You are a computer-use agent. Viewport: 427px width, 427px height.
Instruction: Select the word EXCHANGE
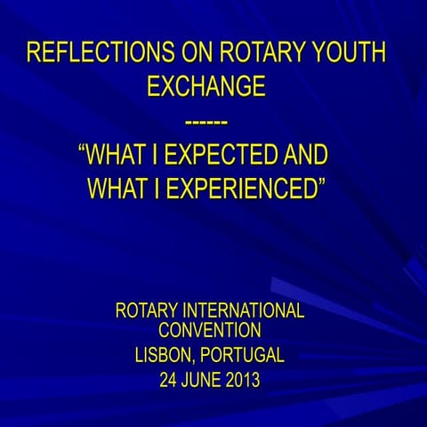tap(206, 86)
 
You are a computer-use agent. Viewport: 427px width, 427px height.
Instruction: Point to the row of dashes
tap(207, 120)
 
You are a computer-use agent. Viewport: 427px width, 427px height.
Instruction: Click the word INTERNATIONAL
tap(245, 311)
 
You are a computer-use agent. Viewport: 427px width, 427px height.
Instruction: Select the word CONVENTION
tap(210, 331)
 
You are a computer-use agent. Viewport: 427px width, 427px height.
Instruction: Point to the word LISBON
tap(164, 356)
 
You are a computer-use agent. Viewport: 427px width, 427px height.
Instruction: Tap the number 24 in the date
tap(169, 381)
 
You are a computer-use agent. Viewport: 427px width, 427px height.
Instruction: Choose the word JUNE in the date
tap(204, 381)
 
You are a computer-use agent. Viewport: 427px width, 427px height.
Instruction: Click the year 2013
tap(243, 381)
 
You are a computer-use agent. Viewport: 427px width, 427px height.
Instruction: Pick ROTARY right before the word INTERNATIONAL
tap(148, 311)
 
